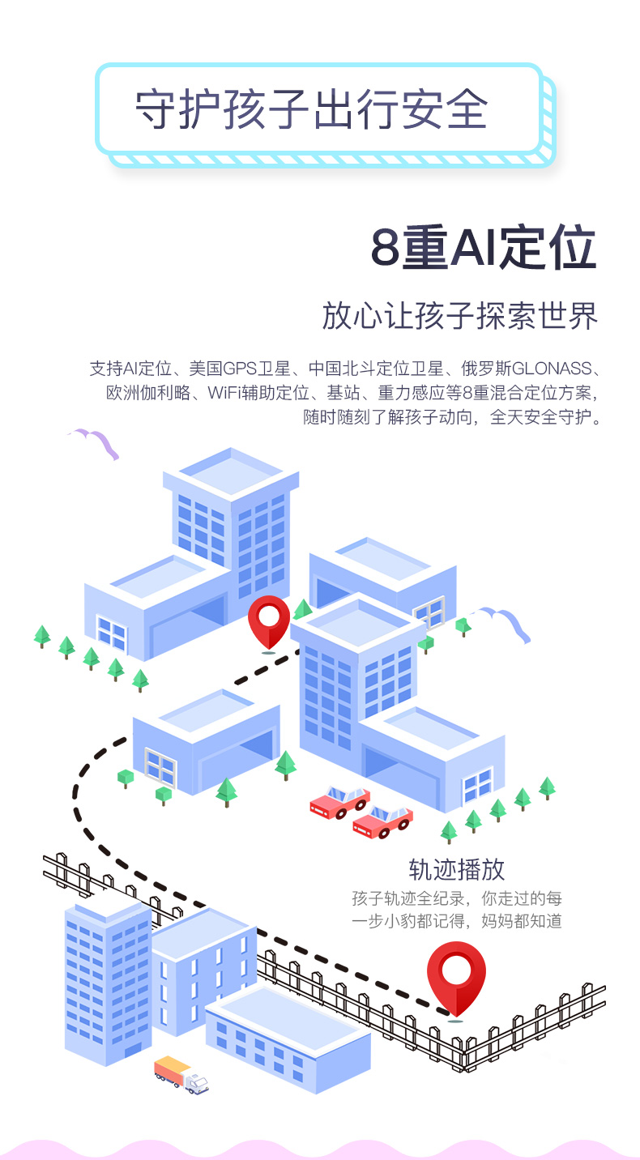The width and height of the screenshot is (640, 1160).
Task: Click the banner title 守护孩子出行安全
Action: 311,109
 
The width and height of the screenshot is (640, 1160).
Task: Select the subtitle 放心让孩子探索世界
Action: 460,315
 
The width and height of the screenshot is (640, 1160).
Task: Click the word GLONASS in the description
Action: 552,369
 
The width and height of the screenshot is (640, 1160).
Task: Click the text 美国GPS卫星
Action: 240,369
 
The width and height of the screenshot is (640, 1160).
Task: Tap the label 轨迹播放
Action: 456,869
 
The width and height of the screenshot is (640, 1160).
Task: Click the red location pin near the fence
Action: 456,979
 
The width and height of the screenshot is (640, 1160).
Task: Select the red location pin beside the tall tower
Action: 269,622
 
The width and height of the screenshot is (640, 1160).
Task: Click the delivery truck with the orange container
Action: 181,1074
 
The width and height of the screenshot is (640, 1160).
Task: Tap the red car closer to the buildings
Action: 339,802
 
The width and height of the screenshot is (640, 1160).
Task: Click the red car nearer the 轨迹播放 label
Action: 382,822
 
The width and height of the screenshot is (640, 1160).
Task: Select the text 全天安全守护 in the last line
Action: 540,417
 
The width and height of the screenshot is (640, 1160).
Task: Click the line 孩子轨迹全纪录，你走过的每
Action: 457,898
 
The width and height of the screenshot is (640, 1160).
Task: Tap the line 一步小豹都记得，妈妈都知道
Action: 457,921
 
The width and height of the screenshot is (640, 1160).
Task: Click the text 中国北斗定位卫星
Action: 376,369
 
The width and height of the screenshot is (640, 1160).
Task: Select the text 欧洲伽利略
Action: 148,393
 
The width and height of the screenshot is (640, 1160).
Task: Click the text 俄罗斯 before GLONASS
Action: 486,369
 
